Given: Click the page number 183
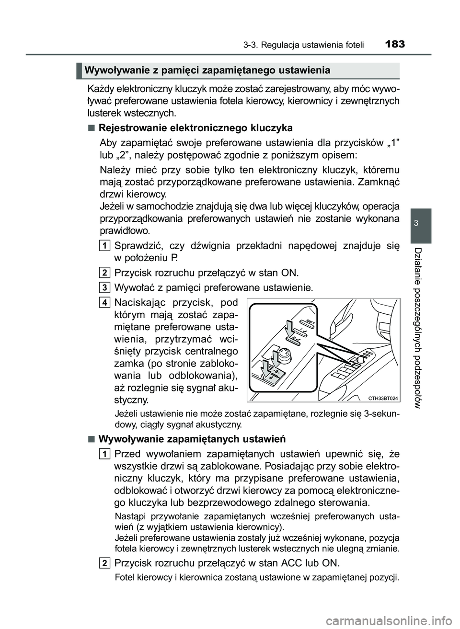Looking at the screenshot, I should [394, 44].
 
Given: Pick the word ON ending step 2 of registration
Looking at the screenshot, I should [289, 273].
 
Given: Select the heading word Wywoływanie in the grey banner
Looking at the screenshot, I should [112, 71].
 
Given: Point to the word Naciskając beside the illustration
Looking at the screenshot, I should [142, 302].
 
